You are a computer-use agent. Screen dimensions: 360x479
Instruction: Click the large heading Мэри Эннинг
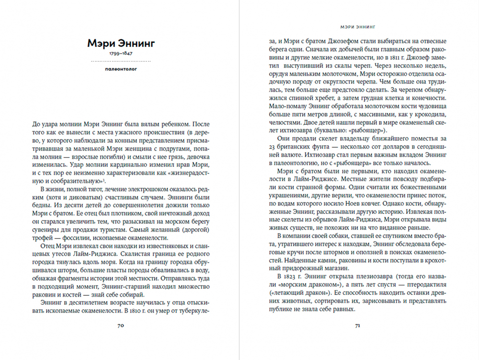[121, 44]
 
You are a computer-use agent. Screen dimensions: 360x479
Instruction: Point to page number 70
[121, 325]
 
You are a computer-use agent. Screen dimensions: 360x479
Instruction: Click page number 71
[357, 325]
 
